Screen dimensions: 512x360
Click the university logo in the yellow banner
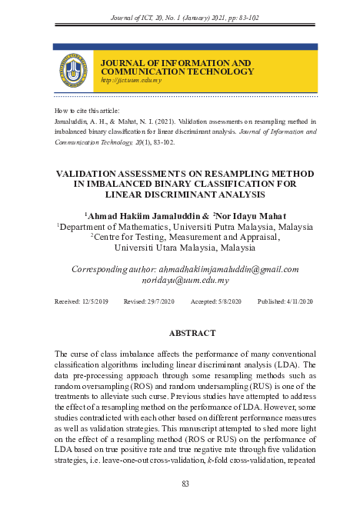(72, 70)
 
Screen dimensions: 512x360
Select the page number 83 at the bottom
(185, 484)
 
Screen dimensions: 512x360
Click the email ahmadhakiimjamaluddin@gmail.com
(228, 269)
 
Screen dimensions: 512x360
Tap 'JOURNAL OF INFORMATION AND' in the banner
(176, 62)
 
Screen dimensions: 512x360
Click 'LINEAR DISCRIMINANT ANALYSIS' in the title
(185, 194)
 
